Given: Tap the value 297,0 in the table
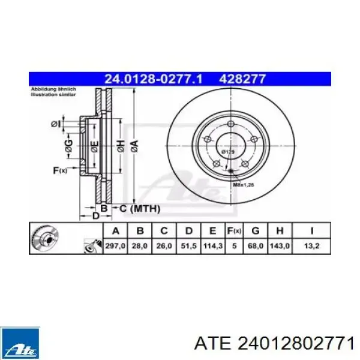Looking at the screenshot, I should (116, 245).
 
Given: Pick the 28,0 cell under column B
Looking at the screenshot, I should (140, 245).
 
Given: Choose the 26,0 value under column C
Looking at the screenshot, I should (164, 245).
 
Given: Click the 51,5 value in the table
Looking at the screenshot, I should (188, 245).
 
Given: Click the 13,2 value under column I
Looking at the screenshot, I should (311, 245).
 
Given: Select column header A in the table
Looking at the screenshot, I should (116, 231).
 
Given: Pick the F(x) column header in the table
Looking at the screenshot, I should (233, 231).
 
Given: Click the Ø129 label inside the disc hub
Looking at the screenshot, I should (229, 153).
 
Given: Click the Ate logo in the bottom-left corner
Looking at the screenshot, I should (20, 342).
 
